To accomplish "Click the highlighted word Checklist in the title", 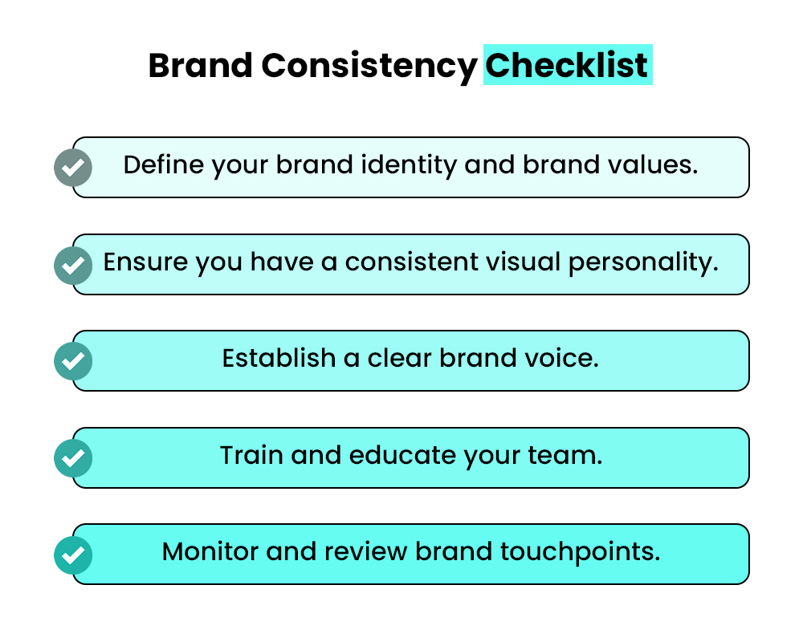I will [567, 65].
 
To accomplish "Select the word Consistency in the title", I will [369, 65].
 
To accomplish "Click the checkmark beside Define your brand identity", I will [73, 168].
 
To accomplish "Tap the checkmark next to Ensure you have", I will [73, 265].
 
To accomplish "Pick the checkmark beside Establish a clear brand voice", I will [73, 361].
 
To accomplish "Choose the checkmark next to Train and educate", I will [73, 458].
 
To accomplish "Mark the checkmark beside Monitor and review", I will [73, 555].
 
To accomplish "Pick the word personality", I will [653, 263].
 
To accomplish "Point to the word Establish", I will [279, 358].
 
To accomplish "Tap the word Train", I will [251, 455].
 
